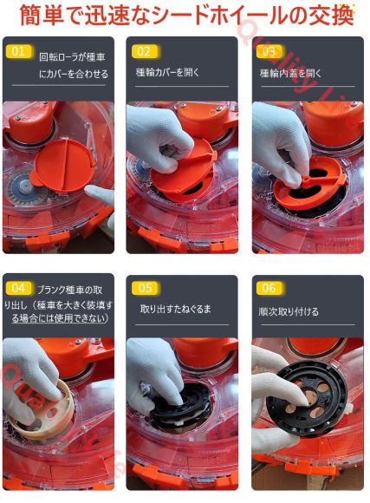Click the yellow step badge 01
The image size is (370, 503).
[19, 52]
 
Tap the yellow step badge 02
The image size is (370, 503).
[144, 52]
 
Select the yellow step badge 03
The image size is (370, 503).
[269, 52]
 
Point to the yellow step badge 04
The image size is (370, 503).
[19, 288]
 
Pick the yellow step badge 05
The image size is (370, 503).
[144, 288]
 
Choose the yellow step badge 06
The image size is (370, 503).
[269, 288]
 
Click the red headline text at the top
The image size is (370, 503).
[185, 16]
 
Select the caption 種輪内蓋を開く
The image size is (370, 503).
[291, 73]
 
